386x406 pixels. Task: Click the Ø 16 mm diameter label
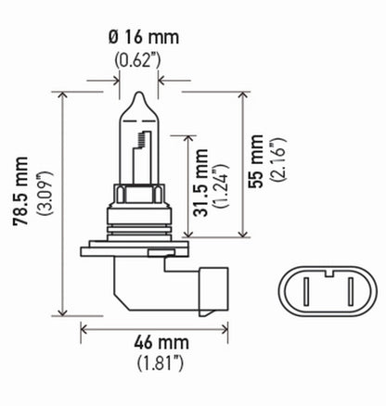138,40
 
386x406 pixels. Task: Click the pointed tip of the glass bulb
137,95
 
